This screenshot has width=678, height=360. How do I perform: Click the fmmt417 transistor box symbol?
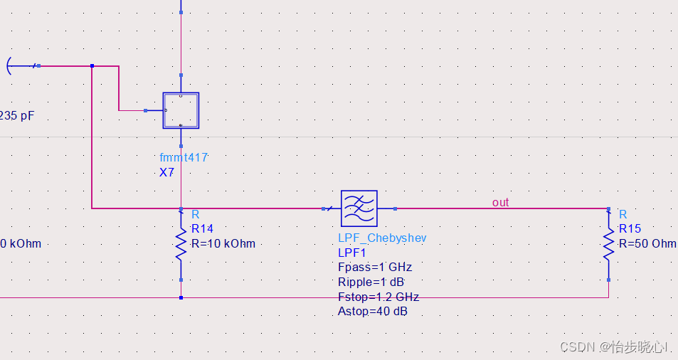(x=181, y=110)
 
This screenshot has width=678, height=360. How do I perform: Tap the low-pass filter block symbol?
(x=359, y=208)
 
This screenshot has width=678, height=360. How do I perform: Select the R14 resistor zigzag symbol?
(x=181, y=245)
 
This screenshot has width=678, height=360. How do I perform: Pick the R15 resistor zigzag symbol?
(x=608, y=244)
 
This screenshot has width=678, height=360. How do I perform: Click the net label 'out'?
(x=500, y=203)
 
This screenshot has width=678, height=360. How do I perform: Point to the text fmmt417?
(x=184, y=158)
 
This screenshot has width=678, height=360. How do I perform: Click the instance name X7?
(x=167, y=172)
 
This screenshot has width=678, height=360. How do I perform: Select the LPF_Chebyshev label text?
(x=382, y=238)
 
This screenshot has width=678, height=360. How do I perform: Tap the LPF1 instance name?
(x=351, y=253)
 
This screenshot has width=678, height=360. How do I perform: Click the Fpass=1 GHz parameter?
(x=375, y=268)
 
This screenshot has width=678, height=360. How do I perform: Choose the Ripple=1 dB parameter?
(x=371, y=282)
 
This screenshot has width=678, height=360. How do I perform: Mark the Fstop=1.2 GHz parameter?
(x=378, y=297)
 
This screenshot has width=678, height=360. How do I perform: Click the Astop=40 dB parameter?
(x=373, y=312)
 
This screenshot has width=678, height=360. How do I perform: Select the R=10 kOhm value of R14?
(x=223, y=243)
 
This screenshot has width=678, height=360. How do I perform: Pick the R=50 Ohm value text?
(x=647, y=243)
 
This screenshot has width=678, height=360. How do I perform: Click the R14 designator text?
(x=202, y=229)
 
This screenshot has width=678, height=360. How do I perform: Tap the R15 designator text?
(x=630, y=229)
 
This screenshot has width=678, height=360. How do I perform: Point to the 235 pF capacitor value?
(x=17, y=116)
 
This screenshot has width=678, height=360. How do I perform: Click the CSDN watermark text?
(x=613, y=346)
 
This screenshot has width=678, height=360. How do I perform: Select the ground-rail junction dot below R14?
(x=181, y=297)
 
